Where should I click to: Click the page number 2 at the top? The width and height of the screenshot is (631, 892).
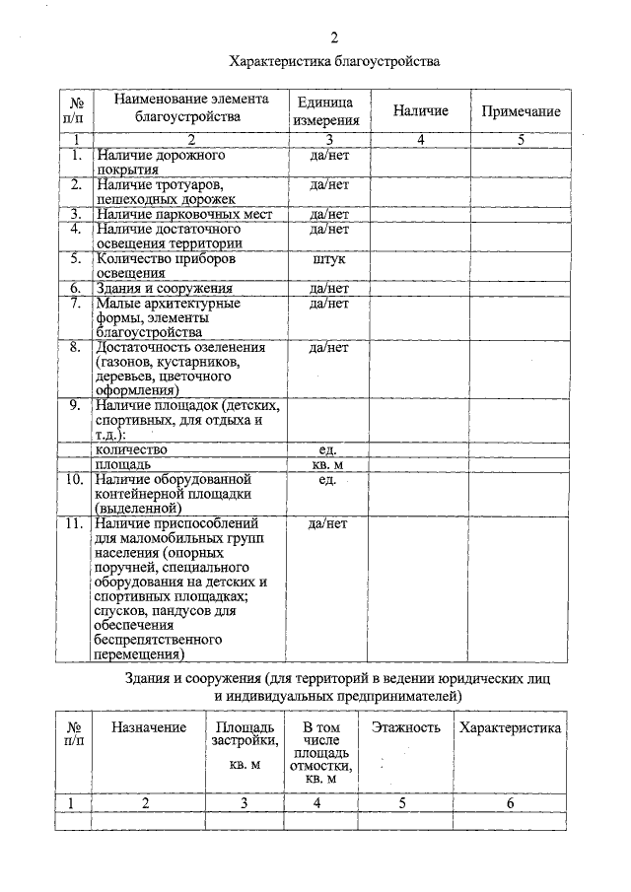tap(333, 38)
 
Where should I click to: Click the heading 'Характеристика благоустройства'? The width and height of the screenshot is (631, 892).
tap(333, 61)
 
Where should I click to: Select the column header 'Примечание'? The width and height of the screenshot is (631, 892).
tap(521, 112)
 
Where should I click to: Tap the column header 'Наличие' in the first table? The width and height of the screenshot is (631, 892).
tap(420, 111)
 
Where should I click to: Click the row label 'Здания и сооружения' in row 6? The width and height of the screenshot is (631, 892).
tap(164, 289)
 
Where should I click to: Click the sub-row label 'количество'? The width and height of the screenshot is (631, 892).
tap(130, 449)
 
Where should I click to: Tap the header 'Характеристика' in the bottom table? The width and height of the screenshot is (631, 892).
tap(510, 727)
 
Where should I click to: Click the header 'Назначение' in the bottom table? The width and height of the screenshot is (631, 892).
tap(149, 727)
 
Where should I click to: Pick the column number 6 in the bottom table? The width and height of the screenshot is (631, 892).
tap(510, 803)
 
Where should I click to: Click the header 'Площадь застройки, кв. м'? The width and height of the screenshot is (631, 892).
tap(245, 744)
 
